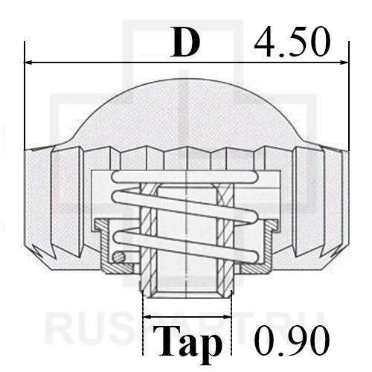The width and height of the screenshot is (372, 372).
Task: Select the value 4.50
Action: (x=292, y=42)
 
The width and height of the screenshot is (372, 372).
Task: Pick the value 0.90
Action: (x=292, y=341)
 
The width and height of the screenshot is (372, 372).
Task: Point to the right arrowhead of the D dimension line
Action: (x=344, y=62)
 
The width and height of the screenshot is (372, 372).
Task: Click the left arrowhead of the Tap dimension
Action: (x=147, y=317)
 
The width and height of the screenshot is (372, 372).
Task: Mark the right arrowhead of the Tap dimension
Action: (x=227, y=317)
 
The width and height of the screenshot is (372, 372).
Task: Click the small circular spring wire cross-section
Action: (x=118, y=257)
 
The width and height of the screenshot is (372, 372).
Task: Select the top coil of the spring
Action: (x=185, y=177)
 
